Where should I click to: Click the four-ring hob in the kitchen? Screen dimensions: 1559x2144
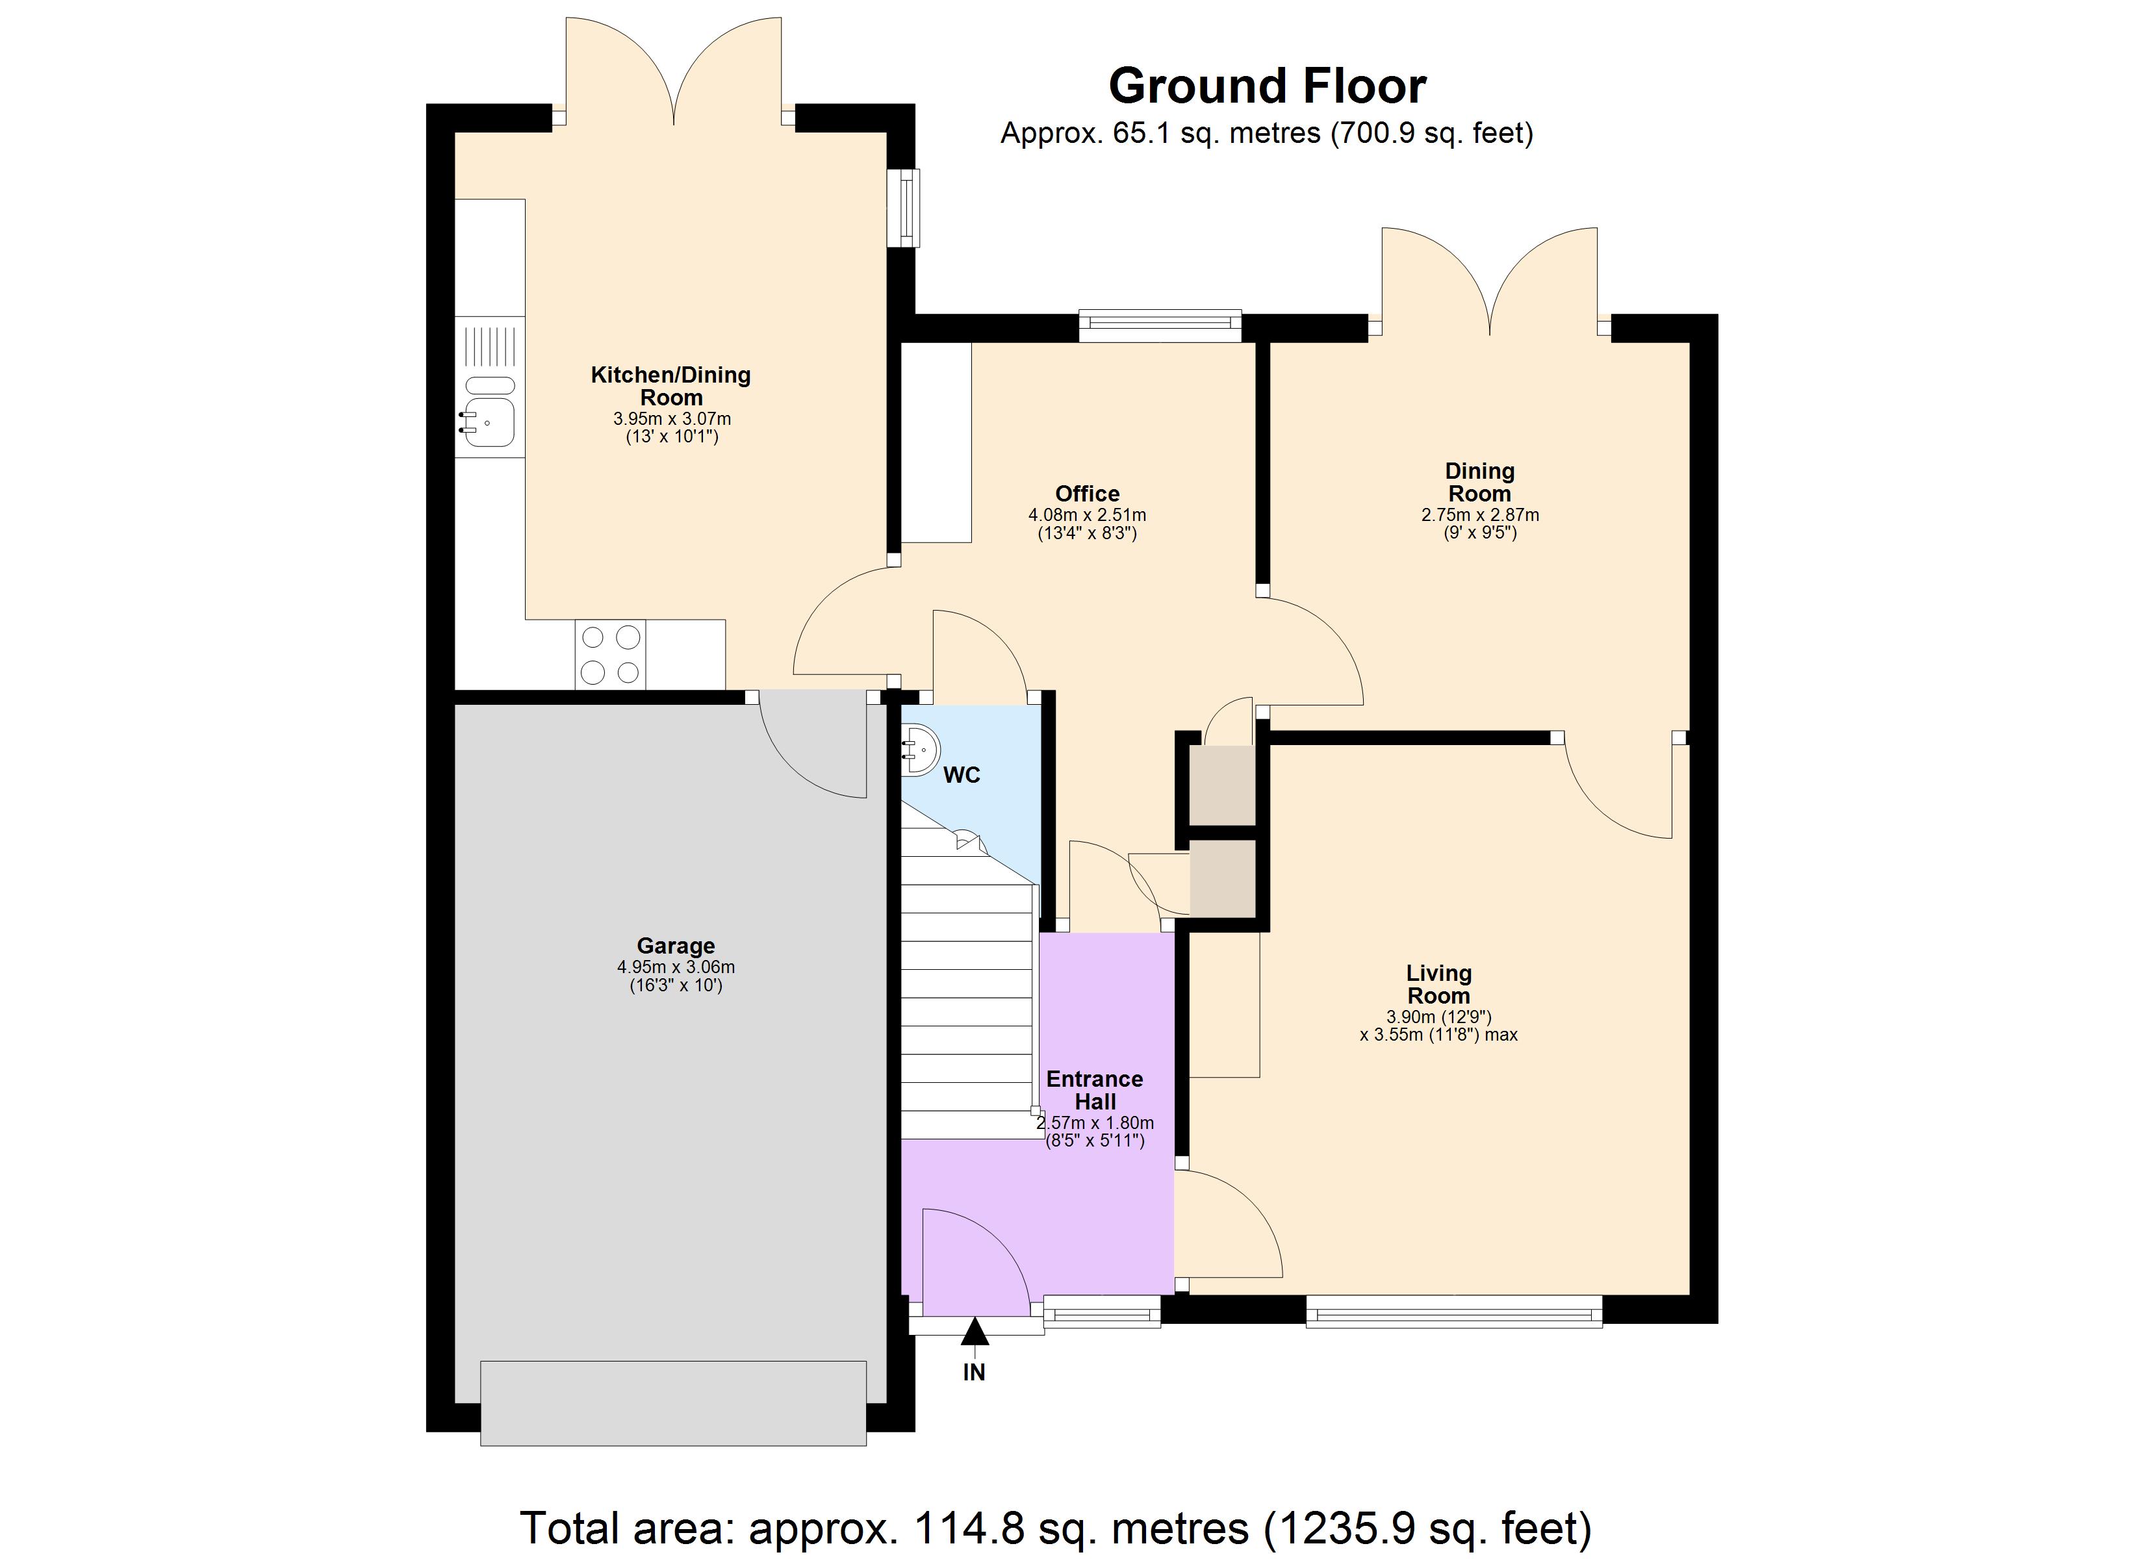(609, 654)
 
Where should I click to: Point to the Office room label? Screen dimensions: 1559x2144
(1087, 494)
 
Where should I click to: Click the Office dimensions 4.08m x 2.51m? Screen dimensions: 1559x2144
(1087, 515)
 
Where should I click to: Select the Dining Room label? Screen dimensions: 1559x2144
(1479, 482)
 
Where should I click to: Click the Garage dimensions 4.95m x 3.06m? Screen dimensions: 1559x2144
(675, 967)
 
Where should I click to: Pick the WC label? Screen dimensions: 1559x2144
(962, 775)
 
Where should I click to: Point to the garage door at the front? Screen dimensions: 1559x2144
(673, 1403)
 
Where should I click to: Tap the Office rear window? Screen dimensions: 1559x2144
(1160, 326)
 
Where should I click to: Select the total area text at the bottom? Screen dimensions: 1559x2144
(1055, 1528)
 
